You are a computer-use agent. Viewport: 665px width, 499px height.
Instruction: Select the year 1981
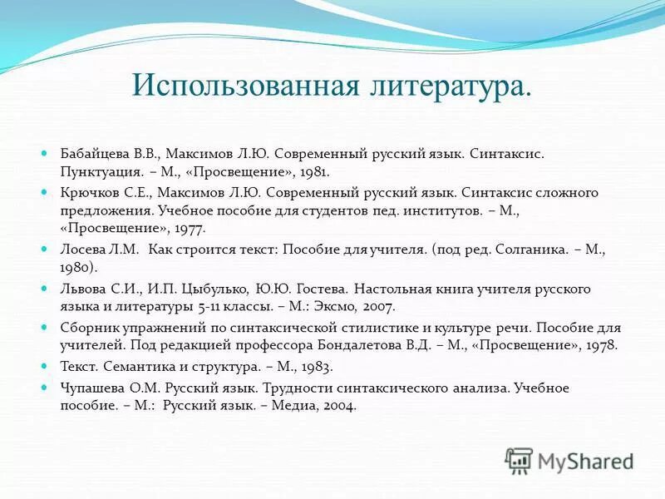(x=314, y=172)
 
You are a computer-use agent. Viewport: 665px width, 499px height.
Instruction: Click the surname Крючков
(x=89, y=192)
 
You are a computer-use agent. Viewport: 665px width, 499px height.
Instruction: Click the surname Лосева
(x=81, y=248)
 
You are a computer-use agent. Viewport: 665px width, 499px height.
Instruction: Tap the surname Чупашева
(x=93, y=388)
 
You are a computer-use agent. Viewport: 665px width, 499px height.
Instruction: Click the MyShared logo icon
(x=519, y=460)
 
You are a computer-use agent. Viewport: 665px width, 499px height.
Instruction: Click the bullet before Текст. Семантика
(x=45, y=366)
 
